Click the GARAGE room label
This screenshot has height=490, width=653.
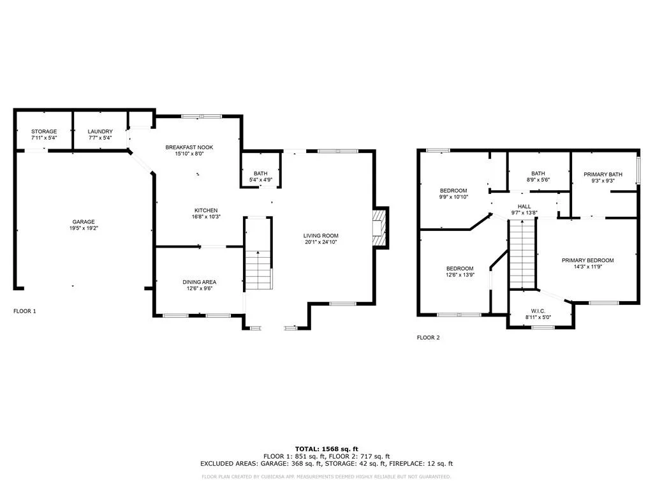(84, 221)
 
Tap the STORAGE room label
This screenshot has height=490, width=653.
(44, 131)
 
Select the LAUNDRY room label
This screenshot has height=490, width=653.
(100, 131)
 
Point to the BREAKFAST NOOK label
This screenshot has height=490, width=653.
(189, 147)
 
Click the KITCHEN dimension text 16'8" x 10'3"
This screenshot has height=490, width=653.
(206, 217)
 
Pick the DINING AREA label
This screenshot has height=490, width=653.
(200, 282)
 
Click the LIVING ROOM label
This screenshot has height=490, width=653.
(321, 235)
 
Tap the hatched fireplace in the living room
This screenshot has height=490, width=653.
(379, 228)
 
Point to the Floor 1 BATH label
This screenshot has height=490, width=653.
(261, 174)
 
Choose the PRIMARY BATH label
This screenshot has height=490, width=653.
(603, 174)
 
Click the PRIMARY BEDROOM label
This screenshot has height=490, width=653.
(587, 260)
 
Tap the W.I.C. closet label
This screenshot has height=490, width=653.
(538, 311)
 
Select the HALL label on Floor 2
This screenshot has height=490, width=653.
(524, 206)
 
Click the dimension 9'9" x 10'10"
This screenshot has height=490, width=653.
(453, 197)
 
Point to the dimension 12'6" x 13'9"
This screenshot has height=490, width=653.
(460, 275)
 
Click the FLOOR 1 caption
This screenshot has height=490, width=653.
(25, 311)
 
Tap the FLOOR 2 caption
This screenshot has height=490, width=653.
(428, 338)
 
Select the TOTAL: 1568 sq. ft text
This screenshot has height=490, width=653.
(326, 449)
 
